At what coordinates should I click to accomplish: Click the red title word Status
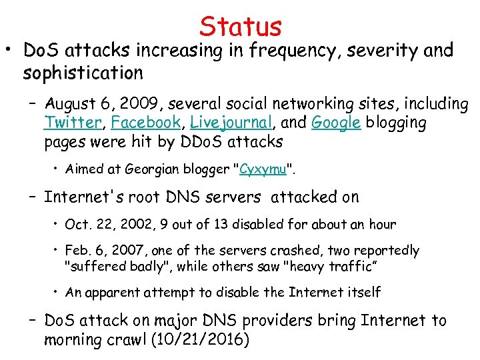tap(240, 27)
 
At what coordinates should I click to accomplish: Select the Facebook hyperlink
tap(146, 123)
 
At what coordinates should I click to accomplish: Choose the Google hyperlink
tap(336, 123)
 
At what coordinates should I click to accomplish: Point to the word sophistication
tap(83, 72)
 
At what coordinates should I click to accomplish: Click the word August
tap(71, 105)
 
